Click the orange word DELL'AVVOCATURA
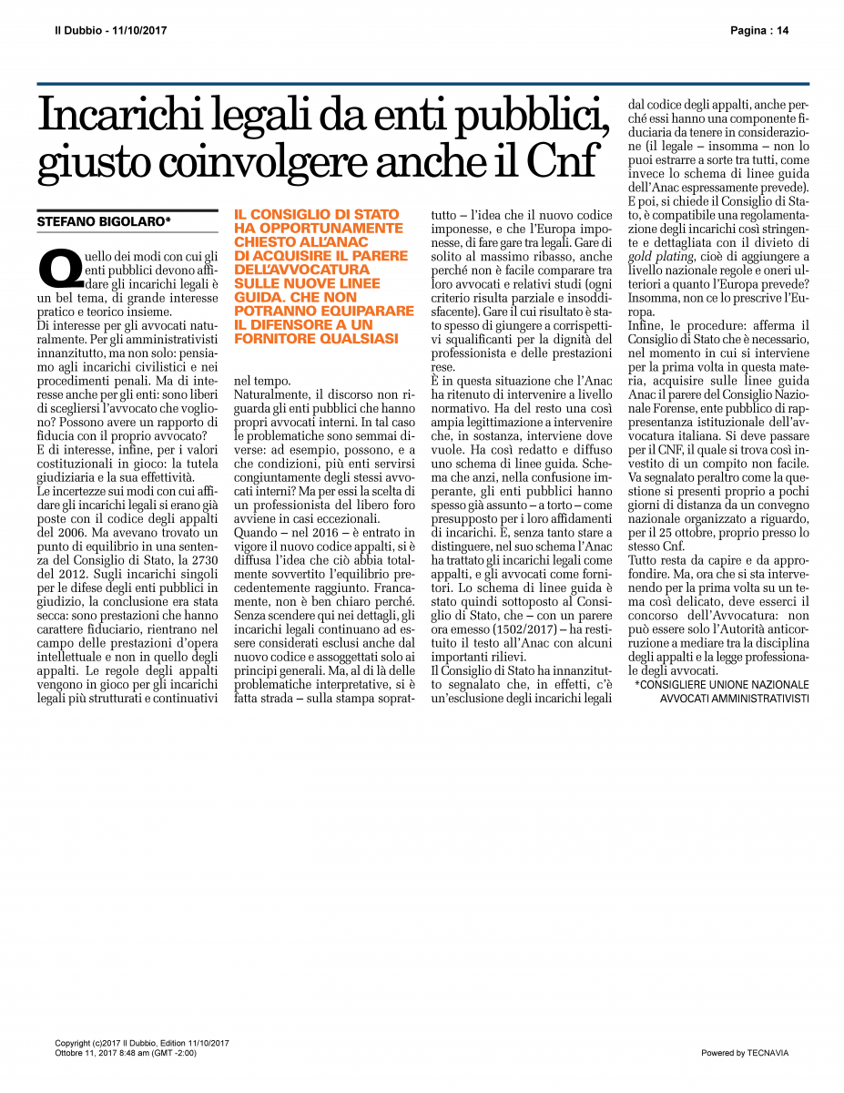(293, 270)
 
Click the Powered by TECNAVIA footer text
(745, 1053)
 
